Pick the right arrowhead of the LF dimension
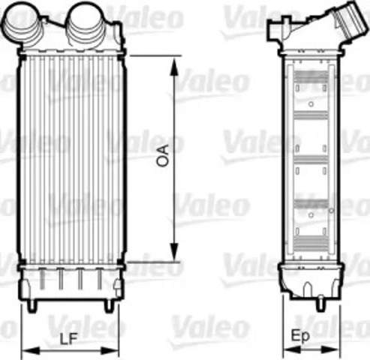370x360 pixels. (x=114, y=349)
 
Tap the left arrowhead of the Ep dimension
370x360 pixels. (x=286, y=349)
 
